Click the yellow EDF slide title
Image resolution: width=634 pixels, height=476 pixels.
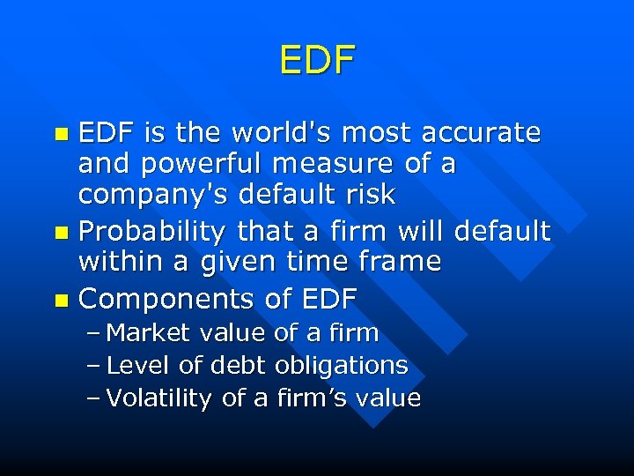click(317, 60)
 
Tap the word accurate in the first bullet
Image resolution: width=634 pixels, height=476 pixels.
click(481, 133)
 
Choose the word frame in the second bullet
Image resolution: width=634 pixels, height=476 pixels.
click(396, 262)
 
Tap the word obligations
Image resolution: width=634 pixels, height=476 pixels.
click(342, 366)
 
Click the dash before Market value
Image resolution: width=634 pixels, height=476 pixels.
click(95, 334)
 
